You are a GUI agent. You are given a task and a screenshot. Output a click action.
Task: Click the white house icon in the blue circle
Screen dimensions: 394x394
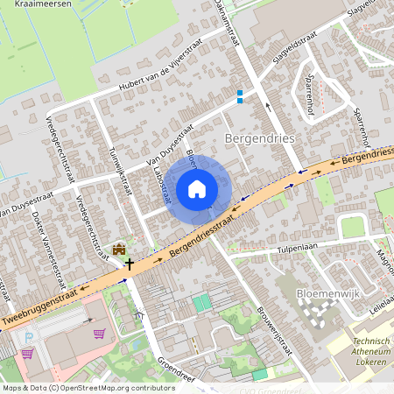pos(197,188)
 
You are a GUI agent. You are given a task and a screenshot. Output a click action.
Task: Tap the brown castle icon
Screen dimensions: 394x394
pos(119,250)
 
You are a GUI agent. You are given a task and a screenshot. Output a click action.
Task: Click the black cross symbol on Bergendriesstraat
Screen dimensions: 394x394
pos(129,263)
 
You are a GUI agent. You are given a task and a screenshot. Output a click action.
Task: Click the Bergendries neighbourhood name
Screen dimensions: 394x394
pos(260,138)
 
